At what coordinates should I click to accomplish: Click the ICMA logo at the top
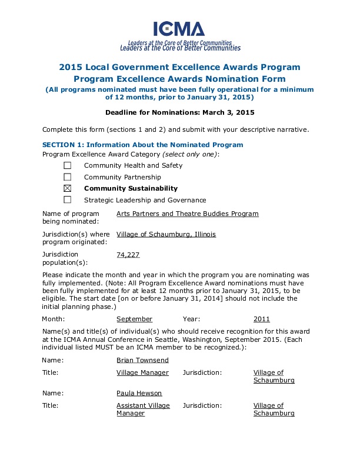179,29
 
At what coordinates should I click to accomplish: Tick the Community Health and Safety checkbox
67,165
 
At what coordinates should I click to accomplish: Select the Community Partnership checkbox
67,177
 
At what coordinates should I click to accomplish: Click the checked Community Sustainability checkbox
67,188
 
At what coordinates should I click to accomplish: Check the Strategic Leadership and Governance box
67,200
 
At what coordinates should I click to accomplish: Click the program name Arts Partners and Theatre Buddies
187,214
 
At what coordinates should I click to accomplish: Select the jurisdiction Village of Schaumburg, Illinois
166,234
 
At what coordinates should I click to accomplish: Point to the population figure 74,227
128,255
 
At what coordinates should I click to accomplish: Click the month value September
134,319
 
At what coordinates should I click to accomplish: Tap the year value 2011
261,319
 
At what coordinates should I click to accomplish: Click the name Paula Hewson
139,393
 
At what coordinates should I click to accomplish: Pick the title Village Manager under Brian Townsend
142,372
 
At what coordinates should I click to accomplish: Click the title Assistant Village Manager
143,410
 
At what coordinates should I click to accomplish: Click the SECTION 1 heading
142,145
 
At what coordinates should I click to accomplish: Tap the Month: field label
54,319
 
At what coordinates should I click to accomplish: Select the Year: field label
191,319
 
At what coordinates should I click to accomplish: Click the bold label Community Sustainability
131,188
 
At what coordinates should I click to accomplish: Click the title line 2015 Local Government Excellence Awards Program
179,67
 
